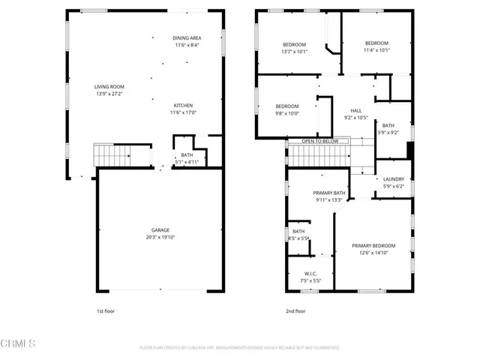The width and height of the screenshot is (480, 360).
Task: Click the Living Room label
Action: pyautogui.click(x=109, y=87)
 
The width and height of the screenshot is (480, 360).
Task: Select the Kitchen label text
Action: pyautogui.click(x=184, y=105)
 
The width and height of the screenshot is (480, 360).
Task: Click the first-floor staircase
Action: pyautogui.click(x=113, y=156)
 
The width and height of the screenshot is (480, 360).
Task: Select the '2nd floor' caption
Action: pyautogui.click(x=295, y=310)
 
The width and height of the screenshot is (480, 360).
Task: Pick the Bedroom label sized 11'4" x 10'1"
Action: pyautogui.click(x=376, y=43)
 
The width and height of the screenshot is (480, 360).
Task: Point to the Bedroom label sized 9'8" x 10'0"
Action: pyautogui.click(x=286, y=106)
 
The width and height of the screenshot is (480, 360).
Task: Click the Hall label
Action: pyautogui.click(x=356, y=110)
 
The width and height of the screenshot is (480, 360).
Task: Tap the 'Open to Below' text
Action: pyautogui.click(x=320, y=141)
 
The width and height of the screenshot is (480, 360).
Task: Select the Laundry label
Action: pyautogui.click(x=393, y=179)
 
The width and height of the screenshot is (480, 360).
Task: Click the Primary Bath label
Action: pyautogui.click(x=329, y=193)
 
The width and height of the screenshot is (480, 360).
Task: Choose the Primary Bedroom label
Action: pyautogui.click(x=373, y=245)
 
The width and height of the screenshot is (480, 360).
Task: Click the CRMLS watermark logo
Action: pyautogui.click(x=19, y=344)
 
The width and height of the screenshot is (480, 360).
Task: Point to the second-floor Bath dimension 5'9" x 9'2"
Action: pyautogui.click(x=388, y=133)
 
